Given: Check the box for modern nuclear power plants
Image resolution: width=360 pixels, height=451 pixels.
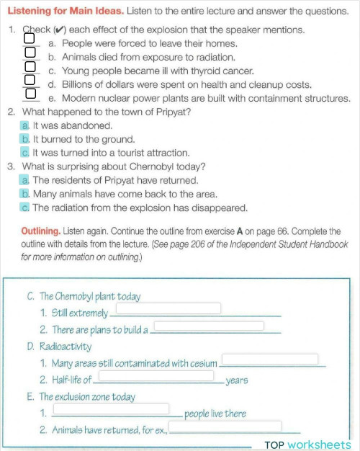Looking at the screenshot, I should click(x=30, y=93).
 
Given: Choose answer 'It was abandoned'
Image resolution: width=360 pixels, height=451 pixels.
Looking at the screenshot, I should click(x=25, y=125).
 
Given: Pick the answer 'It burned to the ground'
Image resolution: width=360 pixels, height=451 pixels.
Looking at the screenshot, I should click(x=25, y=139).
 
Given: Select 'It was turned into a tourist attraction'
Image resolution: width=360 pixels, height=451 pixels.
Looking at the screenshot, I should click(x=25, y=153).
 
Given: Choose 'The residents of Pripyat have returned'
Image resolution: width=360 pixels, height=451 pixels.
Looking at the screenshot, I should click(x=25, y=180).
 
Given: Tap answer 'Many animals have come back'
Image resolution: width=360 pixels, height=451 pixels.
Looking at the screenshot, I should click(x=25, y=194).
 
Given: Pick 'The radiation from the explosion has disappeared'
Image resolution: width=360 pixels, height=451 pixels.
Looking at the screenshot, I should click(x=25, y=207).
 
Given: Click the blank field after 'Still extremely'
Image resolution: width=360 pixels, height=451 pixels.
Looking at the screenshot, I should click(x=168, y=308).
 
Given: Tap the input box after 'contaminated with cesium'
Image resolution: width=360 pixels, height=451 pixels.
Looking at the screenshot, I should click(x=269, y=359).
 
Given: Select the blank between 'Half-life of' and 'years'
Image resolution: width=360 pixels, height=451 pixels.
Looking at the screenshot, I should click(x=156, y=376).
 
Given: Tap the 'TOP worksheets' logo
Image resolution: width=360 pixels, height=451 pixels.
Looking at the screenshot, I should click(x=307, y=445).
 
